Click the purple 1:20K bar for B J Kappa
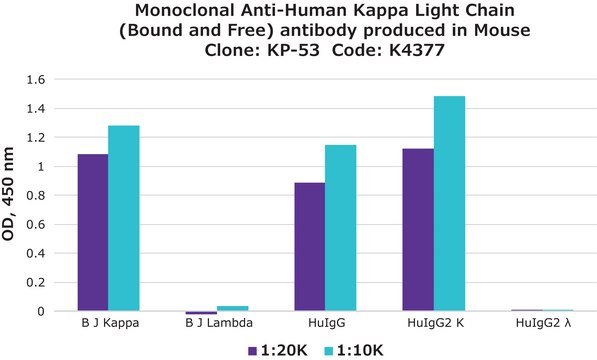[x=93, y=233]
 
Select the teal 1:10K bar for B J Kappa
[x=124, y=219]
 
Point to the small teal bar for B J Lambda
[x=232, y=308]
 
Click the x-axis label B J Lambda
[x=217, y=325]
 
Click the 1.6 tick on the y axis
[x=36, y=80]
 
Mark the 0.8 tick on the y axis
[x=36, y=196]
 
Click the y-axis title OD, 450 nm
[x=14, y=196]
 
